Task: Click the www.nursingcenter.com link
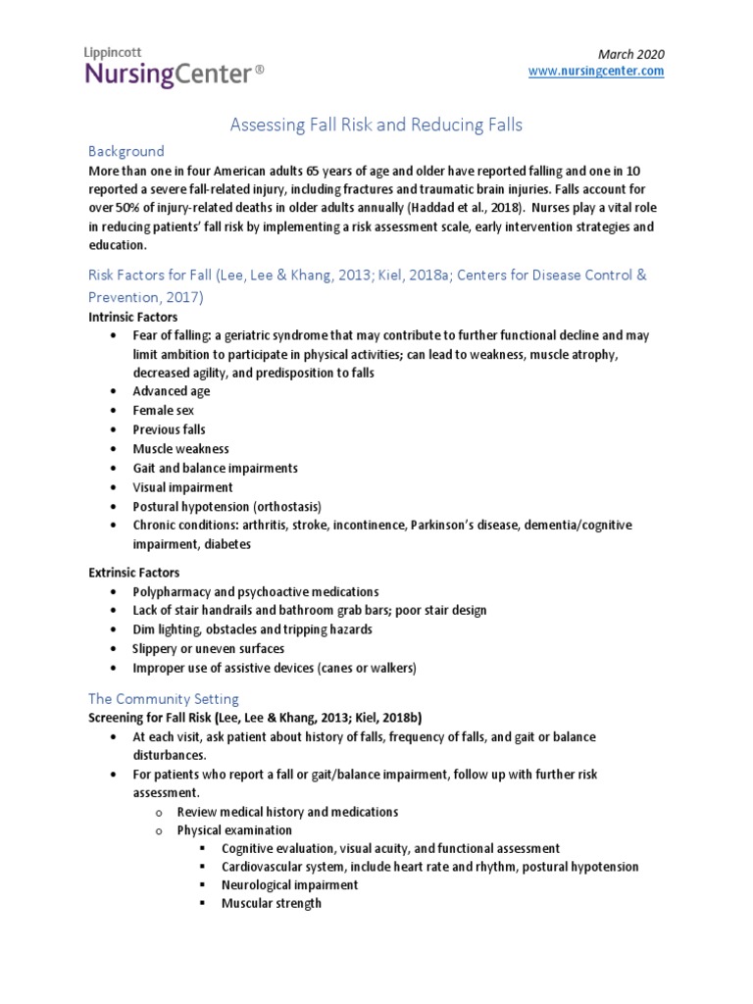[x=596, y=72]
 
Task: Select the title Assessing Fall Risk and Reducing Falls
[x=376, y=125]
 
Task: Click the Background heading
[x=126, y=151]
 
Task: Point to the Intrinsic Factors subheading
[x=132, y=318]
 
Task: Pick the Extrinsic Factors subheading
[x=133, y=572]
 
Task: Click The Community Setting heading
[x=163, y=699]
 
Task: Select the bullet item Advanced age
[x=172, y=391]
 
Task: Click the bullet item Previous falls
[x=170, y=429]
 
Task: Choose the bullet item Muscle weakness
[x=180, y=448]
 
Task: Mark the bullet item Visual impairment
[x=182, y=487]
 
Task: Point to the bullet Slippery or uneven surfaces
[x=209, y=649]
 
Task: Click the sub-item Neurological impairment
[x=289, y=884]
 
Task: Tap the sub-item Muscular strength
[x=271, y=903]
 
